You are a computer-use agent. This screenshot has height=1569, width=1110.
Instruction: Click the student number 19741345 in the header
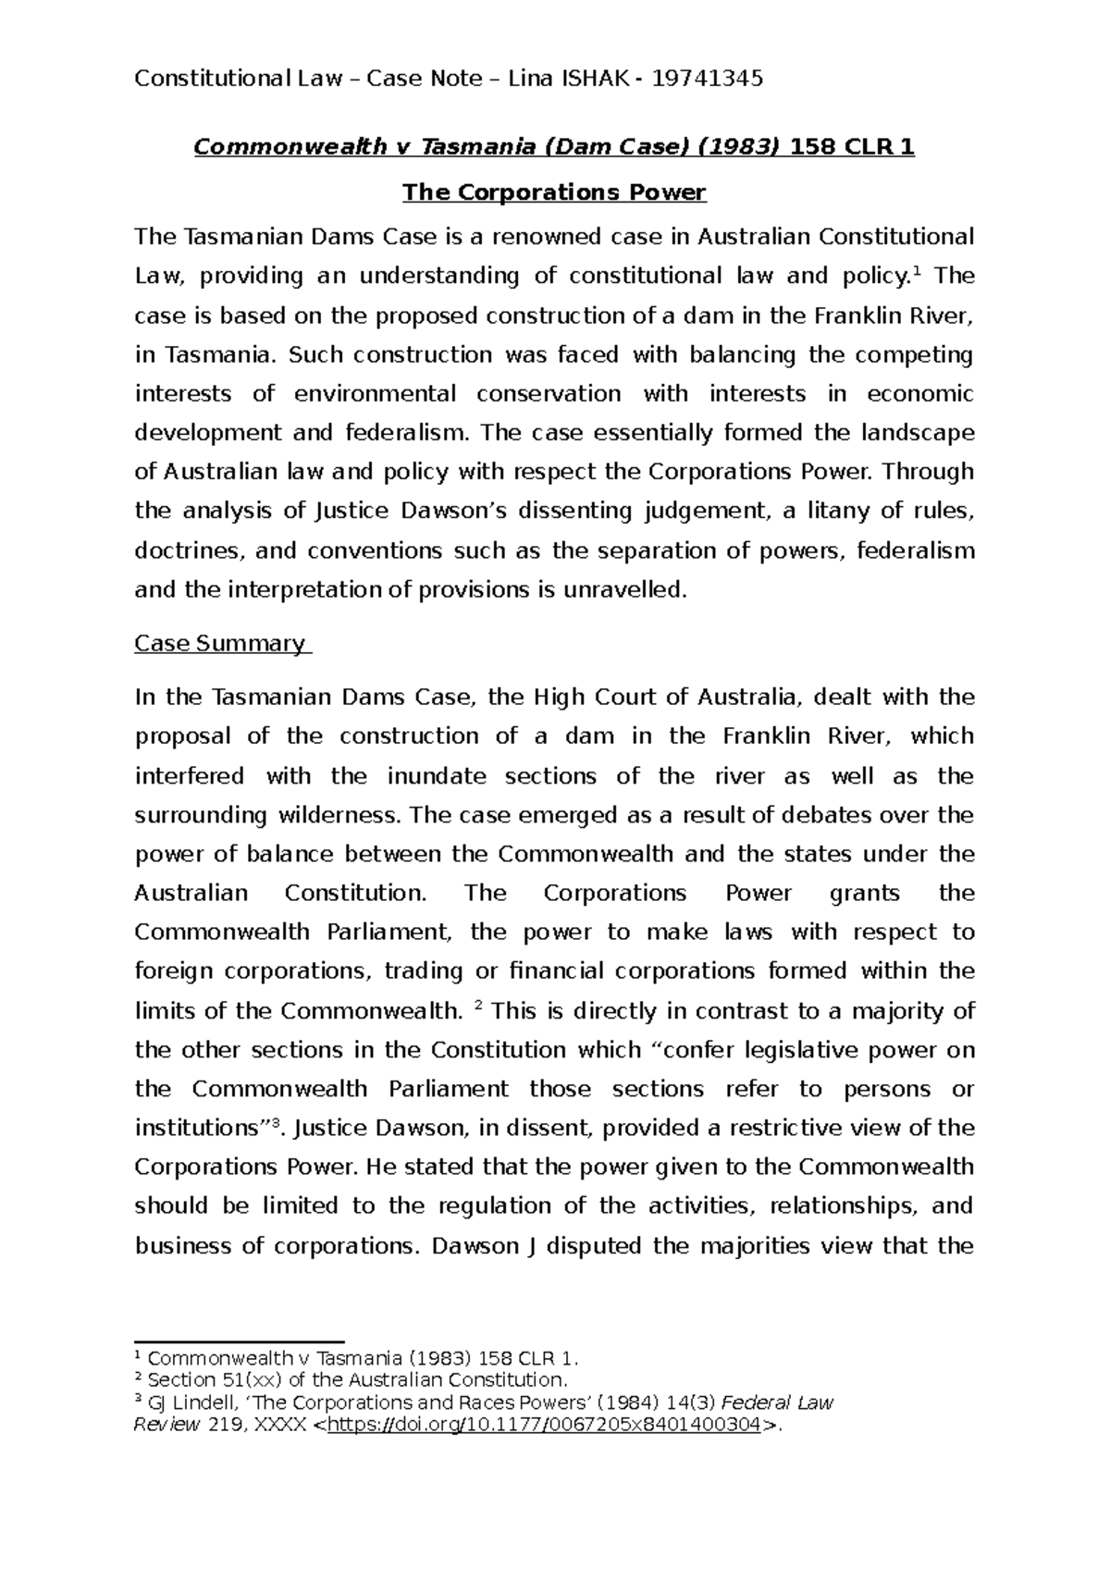pos(708,79)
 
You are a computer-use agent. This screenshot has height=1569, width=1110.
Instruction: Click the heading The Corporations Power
pos(554,192)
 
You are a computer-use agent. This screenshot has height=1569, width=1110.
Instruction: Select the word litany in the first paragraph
pos(839,511)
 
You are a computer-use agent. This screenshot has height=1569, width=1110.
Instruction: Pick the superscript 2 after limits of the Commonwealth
pos(476,1005)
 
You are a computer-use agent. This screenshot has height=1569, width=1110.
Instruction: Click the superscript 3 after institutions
pos(273,1122)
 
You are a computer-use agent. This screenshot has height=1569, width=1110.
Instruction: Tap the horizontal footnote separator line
pos(239,1340)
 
